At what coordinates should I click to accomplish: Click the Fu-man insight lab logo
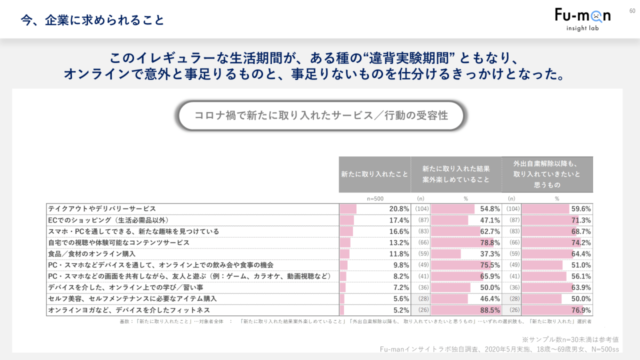(x=582, y=19)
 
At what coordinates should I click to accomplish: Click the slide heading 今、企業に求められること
(x=92, y=20)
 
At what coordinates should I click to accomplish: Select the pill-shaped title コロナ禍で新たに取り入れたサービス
(x=321, y=115)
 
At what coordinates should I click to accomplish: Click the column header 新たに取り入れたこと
(x=374, y=174)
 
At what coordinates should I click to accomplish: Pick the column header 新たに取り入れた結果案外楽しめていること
(x=456, y=174)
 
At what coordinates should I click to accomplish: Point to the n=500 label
(x=375, y=198)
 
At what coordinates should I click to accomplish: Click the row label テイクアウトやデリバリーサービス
(x=102, y=208)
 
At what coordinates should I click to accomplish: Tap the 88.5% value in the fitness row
(x=490, y=310)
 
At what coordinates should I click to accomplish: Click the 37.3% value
(x=490, y=254)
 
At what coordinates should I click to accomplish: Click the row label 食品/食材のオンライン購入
(x=92, y=253)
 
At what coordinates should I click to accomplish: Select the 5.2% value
(x=401, y=310)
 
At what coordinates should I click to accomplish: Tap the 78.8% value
(x=490, y=242)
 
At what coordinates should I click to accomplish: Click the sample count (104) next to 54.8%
(x=421, y=209)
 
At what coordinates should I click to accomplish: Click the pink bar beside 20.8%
(x=348, y=209)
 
